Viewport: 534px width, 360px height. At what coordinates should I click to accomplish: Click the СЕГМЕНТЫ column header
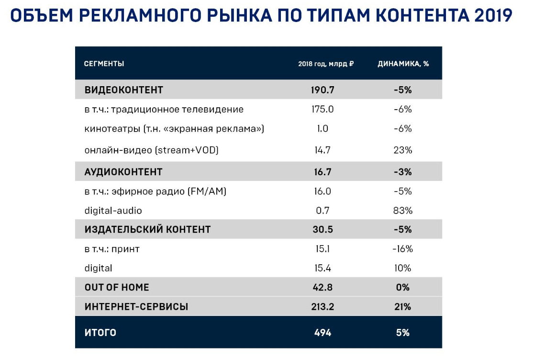(104, 64)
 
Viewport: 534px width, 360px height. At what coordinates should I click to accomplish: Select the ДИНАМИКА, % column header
(403, 64)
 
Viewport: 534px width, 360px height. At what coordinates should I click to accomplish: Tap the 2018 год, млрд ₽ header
(326, 64)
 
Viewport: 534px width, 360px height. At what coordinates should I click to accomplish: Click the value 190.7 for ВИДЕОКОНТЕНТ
(323, 90)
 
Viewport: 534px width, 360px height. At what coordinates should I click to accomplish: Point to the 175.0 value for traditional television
(323, 109)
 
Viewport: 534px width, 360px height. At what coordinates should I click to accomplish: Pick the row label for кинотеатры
(174, 129)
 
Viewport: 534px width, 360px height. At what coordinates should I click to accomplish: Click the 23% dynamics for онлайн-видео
(403, 150)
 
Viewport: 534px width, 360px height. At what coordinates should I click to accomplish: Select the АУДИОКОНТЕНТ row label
(123, 172)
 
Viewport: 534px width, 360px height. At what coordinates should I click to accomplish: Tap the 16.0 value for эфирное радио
(323, 191)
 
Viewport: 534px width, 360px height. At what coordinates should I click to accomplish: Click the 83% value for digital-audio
(403, 211)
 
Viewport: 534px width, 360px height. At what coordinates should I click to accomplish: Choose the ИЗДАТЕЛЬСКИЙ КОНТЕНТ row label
(147, 230)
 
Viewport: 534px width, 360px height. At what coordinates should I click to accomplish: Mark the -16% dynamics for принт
(403, 249)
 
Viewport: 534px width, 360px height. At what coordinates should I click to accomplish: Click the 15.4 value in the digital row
(323, 269)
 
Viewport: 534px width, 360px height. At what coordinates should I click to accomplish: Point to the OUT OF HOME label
(117, 287)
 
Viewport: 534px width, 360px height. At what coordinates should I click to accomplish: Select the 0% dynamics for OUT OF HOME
(403, 287)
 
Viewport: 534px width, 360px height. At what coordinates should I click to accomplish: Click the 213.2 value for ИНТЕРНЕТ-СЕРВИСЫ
(323, 307)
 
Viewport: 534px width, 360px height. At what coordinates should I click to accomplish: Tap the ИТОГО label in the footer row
(100, 333)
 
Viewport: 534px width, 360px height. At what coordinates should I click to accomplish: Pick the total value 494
(323, 333)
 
